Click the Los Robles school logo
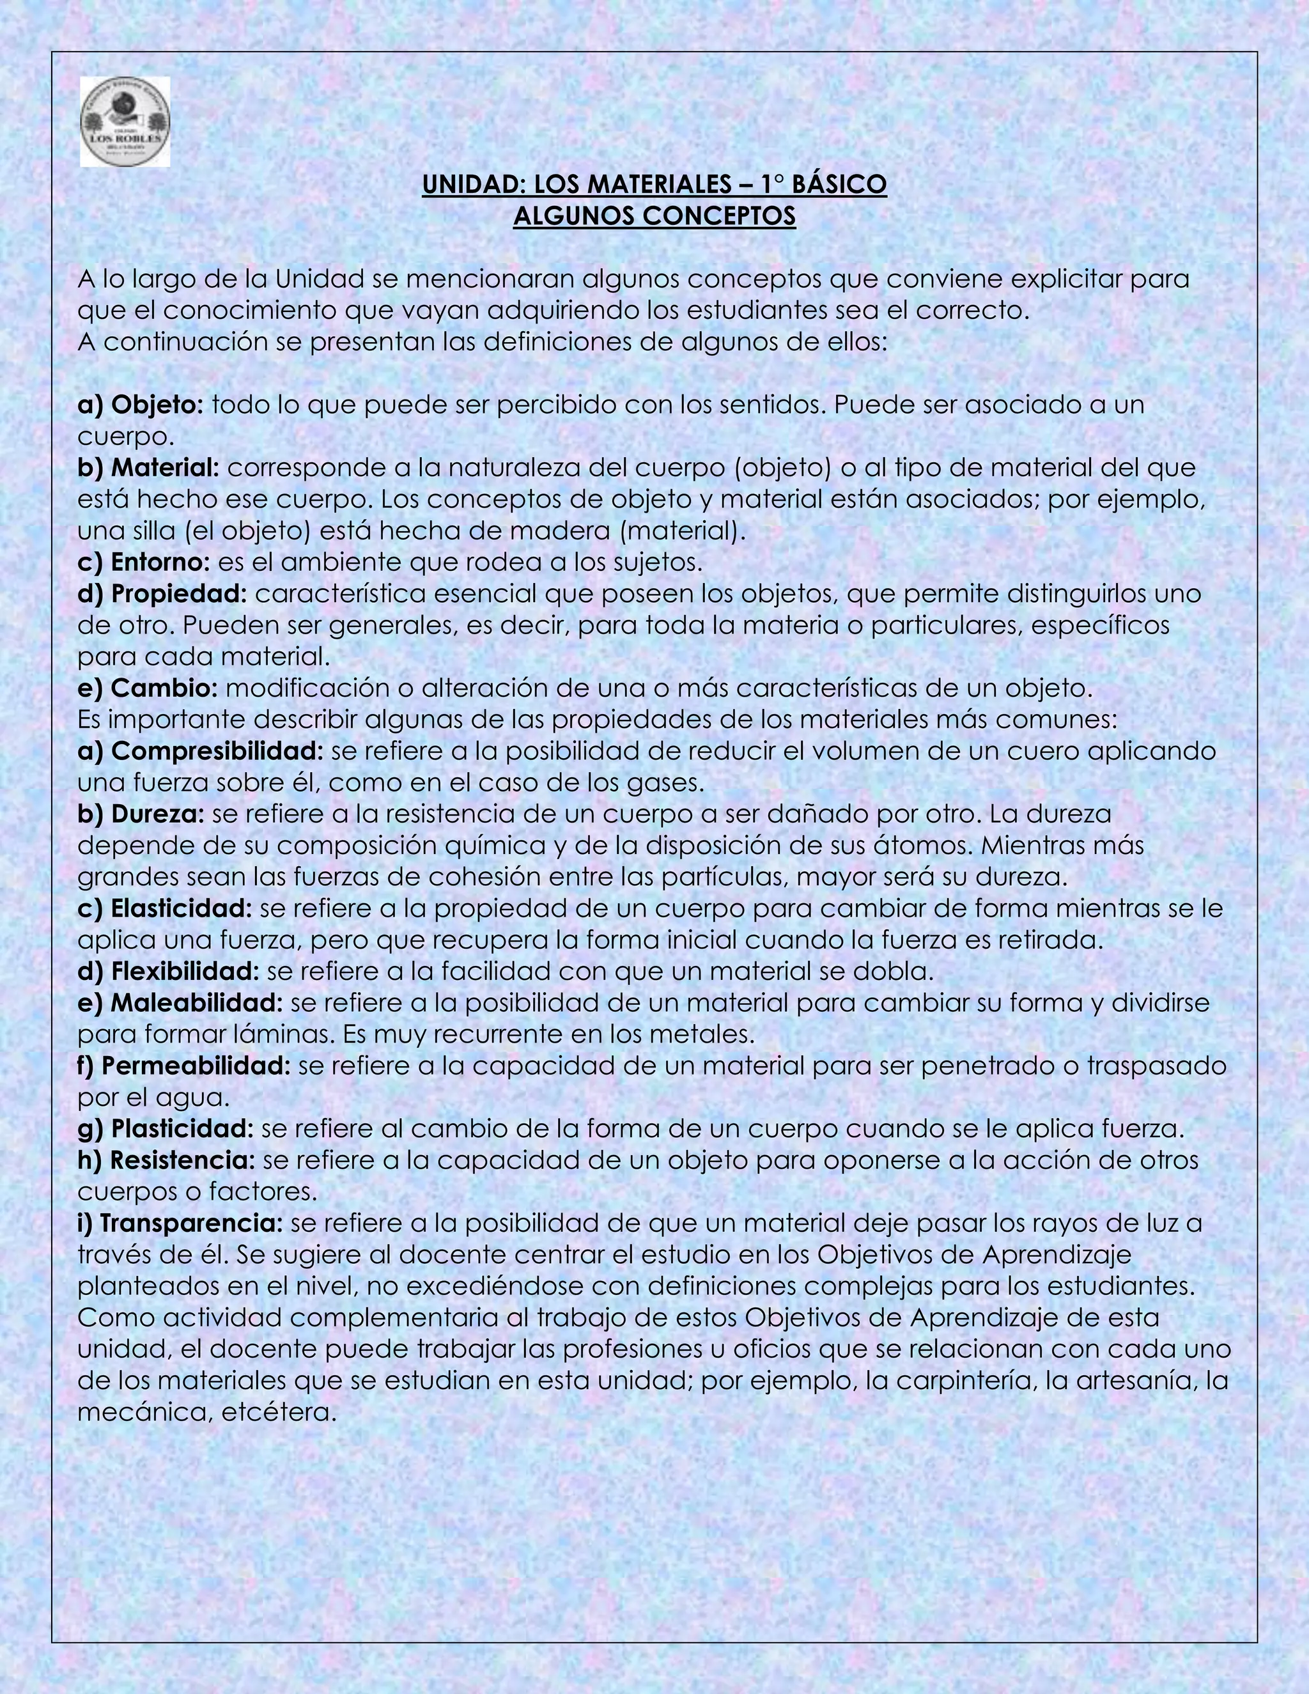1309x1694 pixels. tap(125, 121)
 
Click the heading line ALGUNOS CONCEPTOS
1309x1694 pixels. tap(654, 215)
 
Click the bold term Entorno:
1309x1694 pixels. tap(160, 561)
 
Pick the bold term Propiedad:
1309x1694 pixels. tap(178, 593)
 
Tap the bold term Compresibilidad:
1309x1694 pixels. tap(217, 751)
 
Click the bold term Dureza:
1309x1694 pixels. tap(157, 814)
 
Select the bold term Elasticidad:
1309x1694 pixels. tap(182, 908)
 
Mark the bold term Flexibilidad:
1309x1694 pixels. tap(185, 971)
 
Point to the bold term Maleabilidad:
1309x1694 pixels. tap(197, 1003)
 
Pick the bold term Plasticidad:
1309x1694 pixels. tap(182, 1128)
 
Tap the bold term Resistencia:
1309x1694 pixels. tap(182, 1160)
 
